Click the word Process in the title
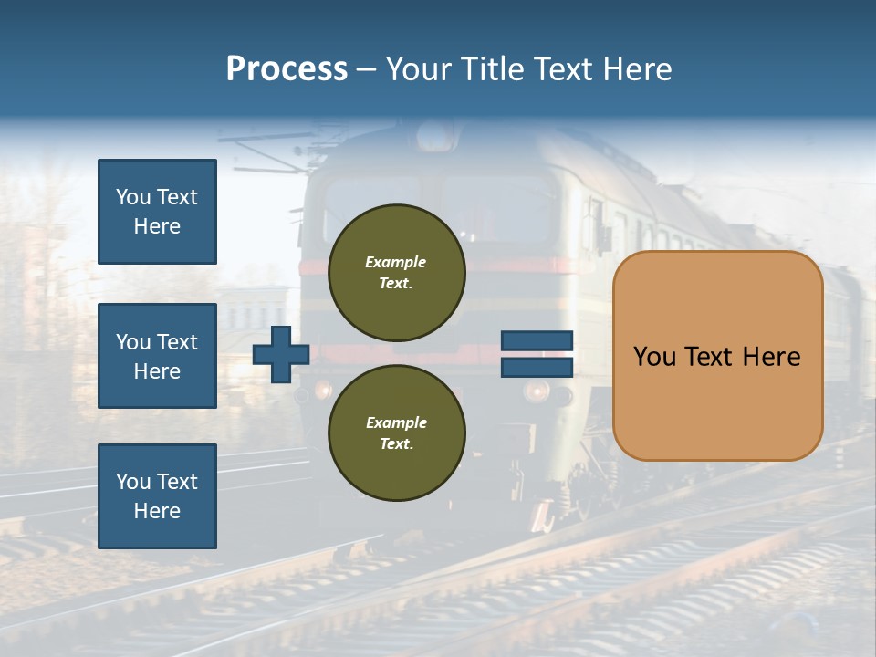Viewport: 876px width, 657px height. (287, 69)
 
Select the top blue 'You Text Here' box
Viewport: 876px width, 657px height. (157, 212)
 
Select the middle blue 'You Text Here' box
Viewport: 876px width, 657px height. (157, 356)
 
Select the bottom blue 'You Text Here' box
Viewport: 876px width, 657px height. (157, 496)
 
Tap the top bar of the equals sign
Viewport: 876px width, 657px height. (537, 341)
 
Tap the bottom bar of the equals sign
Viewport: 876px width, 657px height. (537, 367)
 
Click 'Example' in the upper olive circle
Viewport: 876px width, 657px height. (396, 263)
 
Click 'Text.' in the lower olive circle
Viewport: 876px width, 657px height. (396, 443)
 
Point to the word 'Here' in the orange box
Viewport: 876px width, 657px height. (771, 357)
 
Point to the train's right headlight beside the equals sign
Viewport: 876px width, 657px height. (537, 391)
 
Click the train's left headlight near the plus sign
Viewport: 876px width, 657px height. (322, 390)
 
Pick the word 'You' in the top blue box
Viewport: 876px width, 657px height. (133, 197)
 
